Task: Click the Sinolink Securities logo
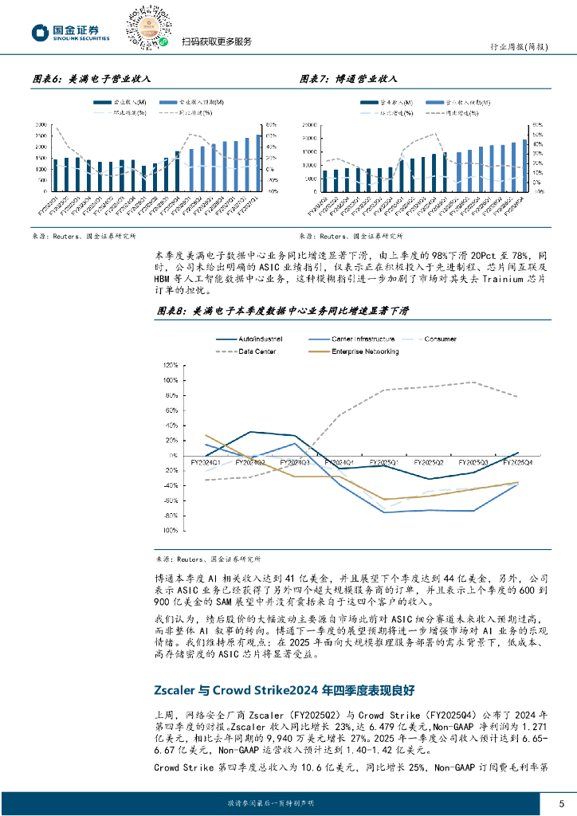[70, 32]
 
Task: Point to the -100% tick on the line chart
[168, 530]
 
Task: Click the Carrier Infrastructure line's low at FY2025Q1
[385, 512]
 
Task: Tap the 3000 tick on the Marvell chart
[40, 125]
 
